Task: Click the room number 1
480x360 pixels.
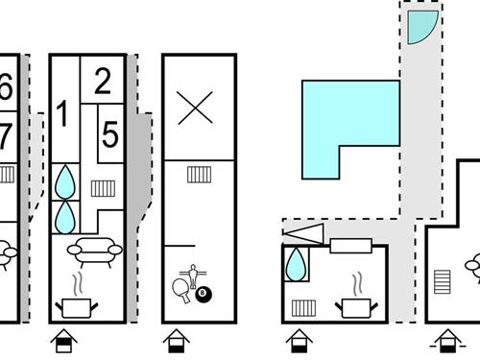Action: tap(63, 114)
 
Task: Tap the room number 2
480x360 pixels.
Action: tap(103, 82)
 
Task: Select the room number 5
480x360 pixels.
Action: tap(110, 135)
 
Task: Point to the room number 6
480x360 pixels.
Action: tap(6, 87)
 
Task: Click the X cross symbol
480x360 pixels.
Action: tap(196, 108)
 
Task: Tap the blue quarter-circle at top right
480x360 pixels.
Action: tap(420, 29)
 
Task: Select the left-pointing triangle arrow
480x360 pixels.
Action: tap(306, 232)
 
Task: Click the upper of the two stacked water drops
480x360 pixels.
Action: tap(65, 181)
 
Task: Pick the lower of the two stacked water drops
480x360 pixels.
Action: tap(65, 215)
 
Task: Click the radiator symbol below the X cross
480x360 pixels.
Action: tap(199, 174)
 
